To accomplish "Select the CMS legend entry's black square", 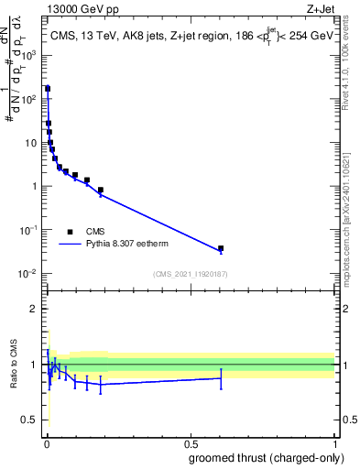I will pos(70,232).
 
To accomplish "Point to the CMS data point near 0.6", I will pos(221,248).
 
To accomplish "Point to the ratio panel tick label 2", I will pos(34,309).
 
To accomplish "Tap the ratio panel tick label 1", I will pos(34,365).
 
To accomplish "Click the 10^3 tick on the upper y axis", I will pos(29,54).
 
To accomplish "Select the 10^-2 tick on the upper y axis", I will pos(29,273).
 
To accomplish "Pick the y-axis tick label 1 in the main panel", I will pos(34,186).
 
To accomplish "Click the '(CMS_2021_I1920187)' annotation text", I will pos(190,273).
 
